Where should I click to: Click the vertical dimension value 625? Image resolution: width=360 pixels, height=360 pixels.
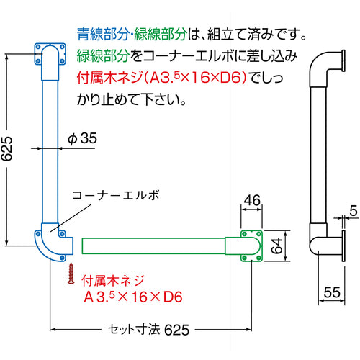pyautogui.click(x=8, y=148)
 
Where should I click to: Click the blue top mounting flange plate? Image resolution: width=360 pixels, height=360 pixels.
pyautogui.click(x=48, y=57)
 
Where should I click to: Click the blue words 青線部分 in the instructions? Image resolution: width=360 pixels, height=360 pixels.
pyautogui.click(x=101, y=33)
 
